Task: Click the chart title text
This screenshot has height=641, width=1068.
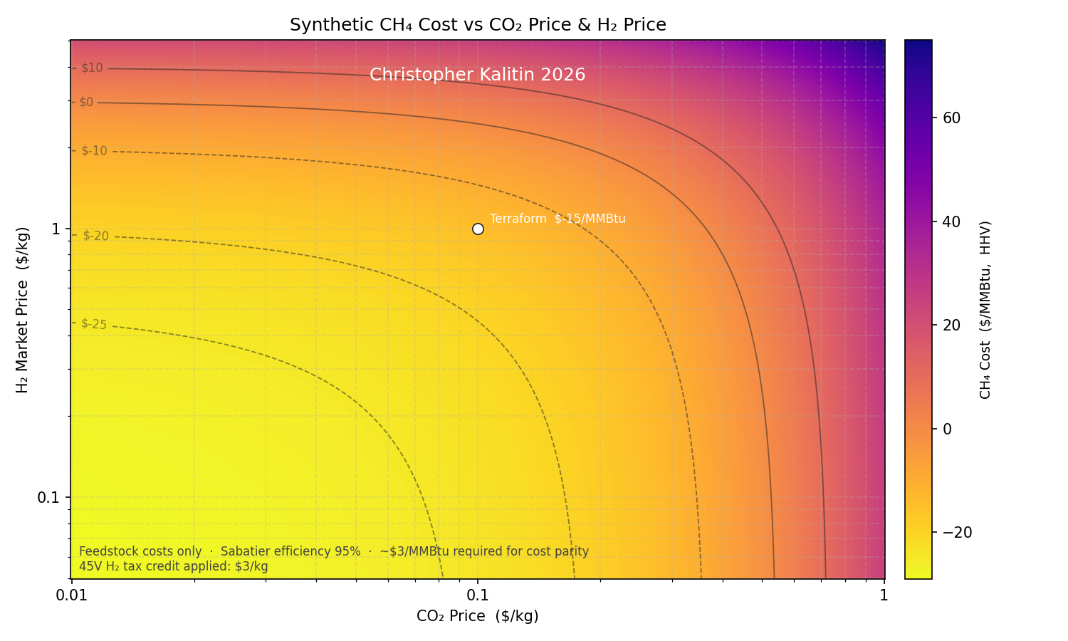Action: coord(478,25)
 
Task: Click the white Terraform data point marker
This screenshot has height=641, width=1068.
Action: coord(478,229)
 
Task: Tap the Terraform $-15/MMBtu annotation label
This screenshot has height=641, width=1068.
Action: coord(557,219)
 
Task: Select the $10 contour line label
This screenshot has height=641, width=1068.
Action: coord(92,68)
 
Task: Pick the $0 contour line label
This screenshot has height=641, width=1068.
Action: coord(86,103)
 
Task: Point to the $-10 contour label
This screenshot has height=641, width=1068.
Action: coord(94,151)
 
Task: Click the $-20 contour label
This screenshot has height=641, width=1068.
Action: coord(95,236)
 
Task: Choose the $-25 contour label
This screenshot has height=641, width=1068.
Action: coord(93,324)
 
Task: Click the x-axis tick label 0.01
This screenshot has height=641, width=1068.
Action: coord(71,595)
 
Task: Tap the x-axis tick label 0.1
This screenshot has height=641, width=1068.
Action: coord(478,595)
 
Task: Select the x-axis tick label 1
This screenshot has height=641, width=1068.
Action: coord(884,595)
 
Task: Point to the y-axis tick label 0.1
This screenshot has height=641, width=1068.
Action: coord(48,497)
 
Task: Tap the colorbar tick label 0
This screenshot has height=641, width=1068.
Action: coord(947,429)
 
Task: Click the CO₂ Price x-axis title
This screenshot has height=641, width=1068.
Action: coord(478,616)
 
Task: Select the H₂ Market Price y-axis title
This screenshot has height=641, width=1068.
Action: coord(23,310)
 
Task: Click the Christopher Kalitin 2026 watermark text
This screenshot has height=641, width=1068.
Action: coord(478,75)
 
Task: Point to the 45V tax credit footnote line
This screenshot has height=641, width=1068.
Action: coord(174,567)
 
